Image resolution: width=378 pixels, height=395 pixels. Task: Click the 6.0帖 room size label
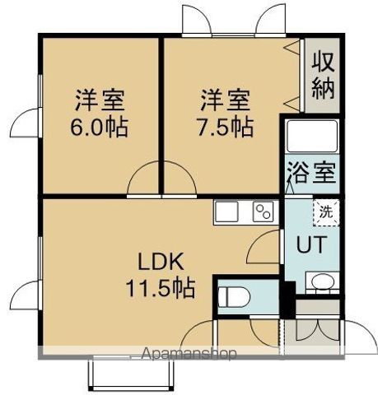(100, 128)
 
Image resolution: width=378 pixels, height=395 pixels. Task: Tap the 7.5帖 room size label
(225, 128)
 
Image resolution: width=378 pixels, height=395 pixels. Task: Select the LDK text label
(161, 262)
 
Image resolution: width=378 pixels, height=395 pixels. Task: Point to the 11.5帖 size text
(161, 288)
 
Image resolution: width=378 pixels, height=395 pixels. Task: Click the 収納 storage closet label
(323, 75)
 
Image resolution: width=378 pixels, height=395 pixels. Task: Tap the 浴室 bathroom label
(311, 173)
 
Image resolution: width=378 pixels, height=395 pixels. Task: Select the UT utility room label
(311, 244)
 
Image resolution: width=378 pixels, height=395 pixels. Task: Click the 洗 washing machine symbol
(326, 212)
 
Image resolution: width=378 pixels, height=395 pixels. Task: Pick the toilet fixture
(234, 297)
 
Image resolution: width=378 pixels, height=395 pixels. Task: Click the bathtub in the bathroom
(312, 136)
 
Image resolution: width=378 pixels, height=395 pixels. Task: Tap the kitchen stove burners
(263, 211)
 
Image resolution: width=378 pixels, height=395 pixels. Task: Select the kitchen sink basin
(226, 211)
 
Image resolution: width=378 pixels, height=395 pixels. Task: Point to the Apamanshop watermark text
(189, 354)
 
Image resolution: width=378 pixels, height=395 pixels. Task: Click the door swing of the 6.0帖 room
(143, 179)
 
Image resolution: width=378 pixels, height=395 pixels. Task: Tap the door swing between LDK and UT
(264, 247)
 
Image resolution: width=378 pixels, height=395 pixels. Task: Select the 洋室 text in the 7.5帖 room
(225, 100)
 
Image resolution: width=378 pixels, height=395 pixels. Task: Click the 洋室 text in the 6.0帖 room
(100, 100)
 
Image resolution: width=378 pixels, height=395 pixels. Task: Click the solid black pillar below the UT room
(287, 300)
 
